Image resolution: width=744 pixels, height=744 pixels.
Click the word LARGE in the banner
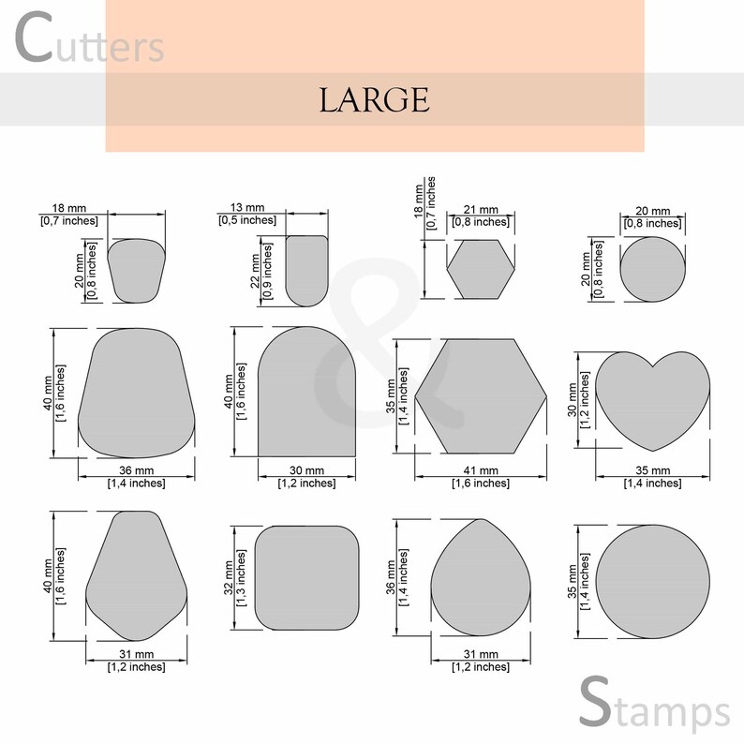point(374,99)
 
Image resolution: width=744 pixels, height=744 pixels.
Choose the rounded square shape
point(307,577)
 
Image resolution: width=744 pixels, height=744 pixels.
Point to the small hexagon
point(481,270)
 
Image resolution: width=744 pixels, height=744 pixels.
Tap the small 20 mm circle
point(653,270)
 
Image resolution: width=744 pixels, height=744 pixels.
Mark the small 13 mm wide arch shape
point(306,271)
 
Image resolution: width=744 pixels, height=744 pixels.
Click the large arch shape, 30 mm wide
point(306,393)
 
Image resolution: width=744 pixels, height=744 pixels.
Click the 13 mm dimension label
point(246,207)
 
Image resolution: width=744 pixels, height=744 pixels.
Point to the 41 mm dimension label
point(481,470)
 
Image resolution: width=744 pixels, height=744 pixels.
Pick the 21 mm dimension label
point(481,210)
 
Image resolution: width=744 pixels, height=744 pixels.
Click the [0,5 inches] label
point(247,220)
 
